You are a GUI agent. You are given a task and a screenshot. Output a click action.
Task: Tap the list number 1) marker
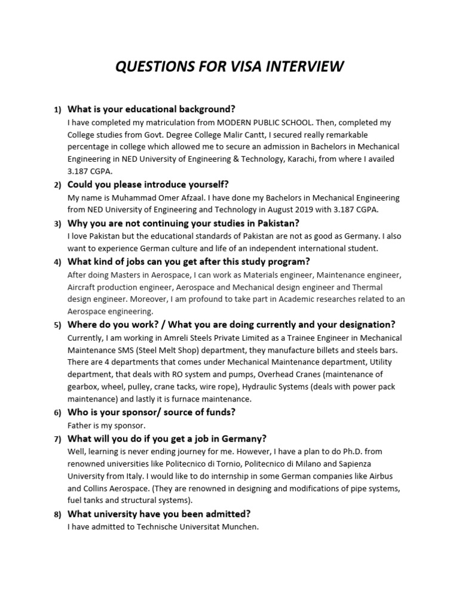coord(57,110)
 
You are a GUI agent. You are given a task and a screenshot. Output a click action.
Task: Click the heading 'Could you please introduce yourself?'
coord(148,184)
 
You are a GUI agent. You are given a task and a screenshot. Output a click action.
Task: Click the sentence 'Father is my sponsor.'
coord(106,425)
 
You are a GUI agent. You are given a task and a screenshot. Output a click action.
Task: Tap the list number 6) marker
coord(57,413)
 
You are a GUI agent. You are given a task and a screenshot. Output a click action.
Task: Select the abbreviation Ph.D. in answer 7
coord(357,451)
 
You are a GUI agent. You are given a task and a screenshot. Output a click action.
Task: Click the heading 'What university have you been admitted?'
coord(159,513)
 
